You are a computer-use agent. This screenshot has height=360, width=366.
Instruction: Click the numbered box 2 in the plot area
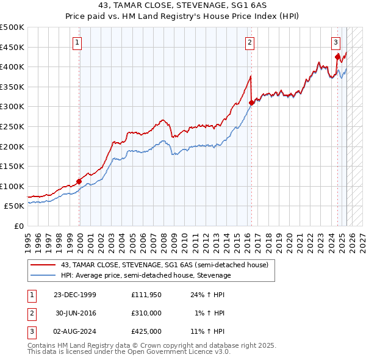pos(250,43)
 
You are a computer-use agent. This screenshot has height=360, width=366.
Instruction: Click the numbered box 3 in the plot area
pos(336,43)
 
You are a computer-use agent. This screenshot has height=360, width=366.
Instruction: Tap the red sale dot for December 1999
pos(79,181)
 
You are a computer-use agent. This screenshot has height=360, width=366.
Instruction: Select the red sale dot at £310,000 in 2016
pos(252,103)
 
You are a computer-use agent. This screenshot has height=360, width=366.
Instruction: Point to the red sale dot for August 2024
pos(337,57)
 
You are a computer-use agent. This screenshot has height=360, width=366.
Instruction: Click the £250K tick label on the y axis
pos(12,126)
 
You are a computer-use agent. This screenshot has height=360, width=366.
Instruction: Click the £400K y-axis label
pos(12,67)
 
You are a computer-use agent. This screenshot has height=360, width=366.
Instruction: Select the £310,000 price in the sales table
pos(146,313)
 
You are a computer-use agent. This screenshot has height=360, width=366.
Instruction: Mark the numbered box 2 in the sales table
pos(31,313)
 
